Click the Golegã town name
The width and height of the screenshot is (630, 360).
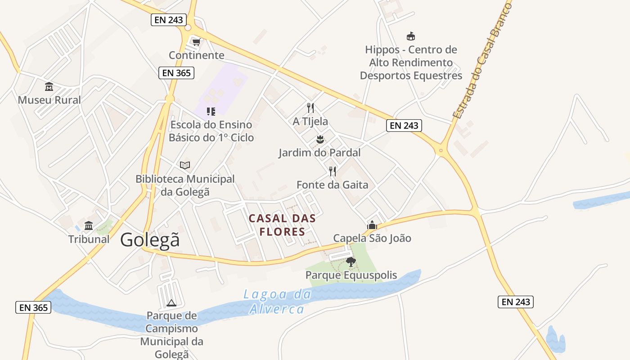[149, 240]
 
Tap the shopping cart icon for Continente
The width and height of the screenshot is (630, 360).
[196, 42]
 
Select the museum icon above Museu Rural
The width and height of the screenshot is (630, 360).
[49, 86]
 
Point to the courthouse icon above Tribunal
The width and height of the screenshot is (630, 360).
[89, 225]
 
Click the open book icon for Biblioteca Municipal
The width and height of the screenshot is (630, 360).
[185, 165]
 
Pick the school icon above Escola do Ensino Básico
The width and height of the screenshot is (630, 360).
[211, 111]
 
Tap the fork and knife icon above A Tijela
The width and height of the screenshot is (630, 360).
[310, 108]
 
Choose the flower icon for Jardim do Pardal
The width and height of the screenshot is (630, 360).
[319, 139]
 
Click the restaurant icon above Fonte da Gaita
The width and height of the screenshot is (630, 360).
[333, 171]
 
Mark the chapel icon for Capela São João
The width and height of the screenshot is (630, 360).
[372, 225]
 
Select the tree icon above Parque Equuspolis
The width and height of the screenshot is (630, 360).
[351, 261]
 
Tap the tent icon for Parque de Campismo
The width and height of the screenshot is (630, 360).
[171, 302]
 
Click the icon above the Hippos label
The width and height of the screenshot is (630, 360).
[410, 36]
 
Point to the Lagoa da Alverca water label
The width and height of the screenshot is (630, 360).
[278, 301]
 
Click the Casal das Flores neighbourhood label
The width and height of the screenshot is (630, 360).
[282, 225]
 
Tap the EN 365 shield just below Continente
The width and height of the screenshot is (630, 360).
[176, 72]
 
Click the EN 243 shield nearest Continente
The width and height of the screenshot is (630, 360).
[168, 20]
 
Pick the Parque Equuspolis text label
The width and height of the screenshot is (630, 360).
[351, 275]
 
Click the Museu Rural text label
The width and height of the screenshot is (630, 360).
[49, 100]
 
